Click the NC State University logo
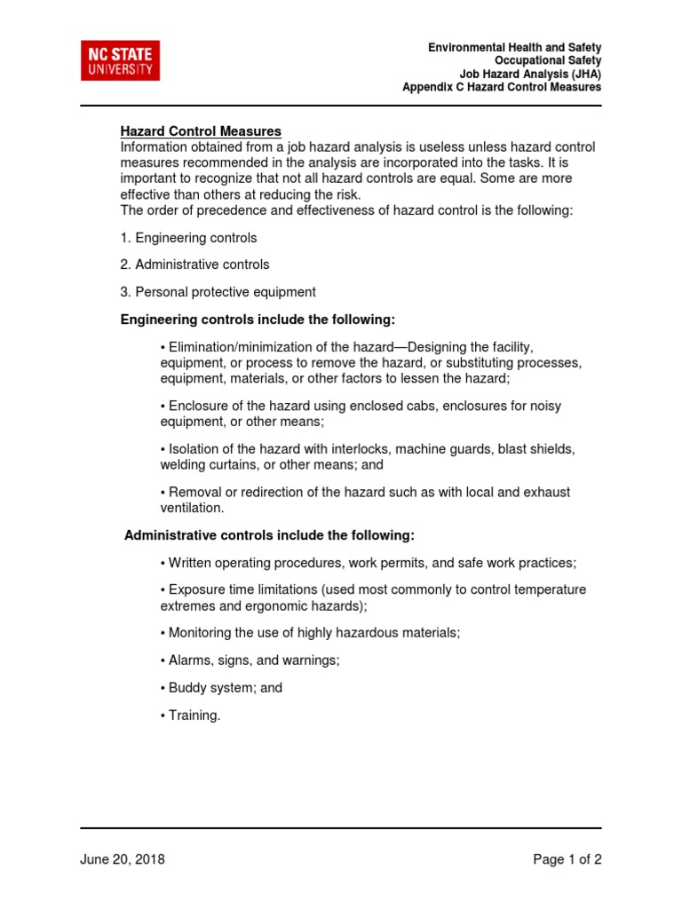point(121,60)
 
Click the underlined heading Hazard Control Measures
point(201,131)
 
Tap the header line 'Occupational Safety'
point(548,60)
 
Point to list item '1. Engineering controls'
point(189,238)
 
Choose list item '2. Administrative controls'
point(194,265)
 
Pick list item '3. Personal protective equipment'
point(218,292)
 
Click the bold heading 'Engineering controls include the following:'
point(258,319)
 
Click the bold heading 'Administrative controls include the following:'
point(269,535)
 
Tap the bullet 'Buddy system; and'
point(221,688)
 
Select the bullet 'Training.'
point(190,715)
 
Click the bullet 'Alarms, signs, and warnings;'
point(250,660)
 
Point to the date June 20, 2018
point(123,859)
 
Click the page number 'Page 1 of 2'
point(567,859)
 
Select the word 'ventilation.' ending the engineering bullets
point(193,508)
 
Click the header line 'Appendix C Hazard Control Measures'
point(501,87)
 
